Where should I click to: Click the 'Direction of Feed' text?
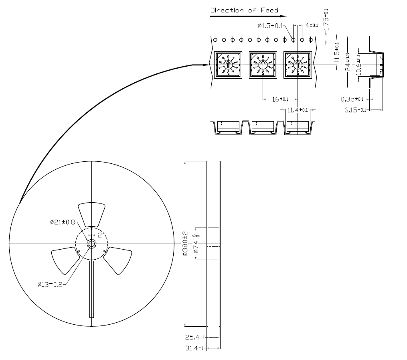[x=244, y=10]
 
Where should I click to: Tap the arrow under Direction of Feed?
[x=248, y=16]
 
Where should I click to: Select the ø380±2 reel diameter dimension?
[x=185, y=244]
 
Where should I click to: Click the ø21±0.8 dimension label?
[x=62, y=222]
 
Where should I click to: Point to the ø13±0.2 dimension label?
[x=50, y=285]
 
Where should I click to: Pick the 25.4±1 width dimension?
[x=195, y=337]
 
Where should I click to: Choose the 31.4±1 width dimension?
[x=195, y=348]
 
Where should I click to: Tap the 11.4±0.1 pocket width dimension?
[x=297, y=110]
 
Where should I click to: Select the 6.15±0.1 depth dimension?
[x=355, y=110]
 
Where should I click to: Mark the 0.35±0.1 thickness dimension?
[x=352, y=99]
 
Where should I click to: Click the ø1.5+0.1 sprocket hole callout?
[x=270, y=26]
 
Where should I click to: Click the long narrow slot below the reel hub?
[x=91, y=289]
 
